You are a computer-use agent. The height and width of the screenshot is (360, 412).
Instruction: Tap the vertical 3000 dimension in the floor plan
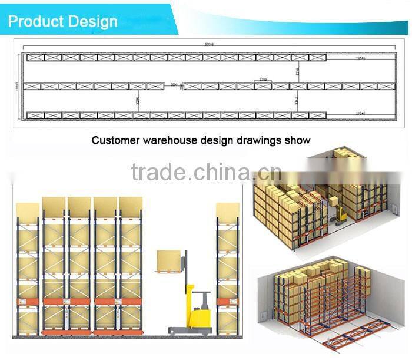click(137, 100)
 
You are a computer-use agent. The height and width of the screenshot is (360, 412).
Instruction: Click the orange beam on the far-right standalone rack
click(228, 302)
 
